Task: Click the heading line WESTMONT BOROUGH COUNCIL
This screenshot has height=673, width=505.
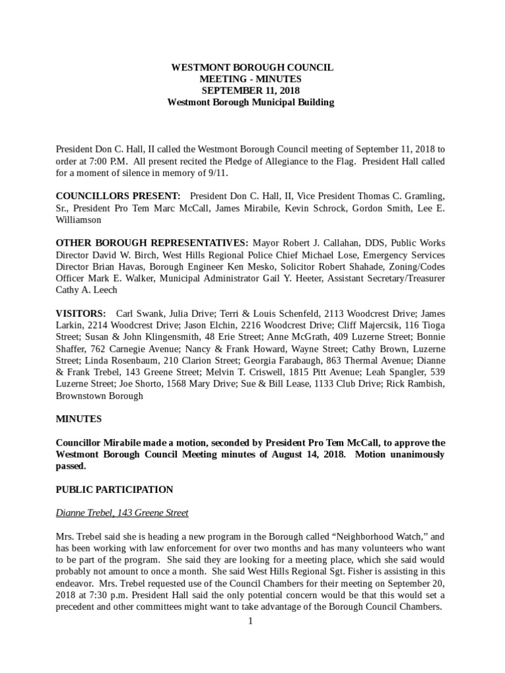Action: pos(252,67)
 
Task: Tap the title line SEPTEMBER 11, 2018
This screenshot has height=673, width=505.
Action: pos(252,91)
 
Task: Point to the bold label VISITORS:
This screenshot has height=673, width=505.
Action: pos(81,314)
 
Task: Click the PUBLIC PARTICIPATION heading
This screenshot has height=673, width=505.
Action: pos(114,490)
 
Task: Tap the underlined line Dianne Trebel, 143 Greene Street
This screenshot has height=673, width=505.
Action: pos(122,513)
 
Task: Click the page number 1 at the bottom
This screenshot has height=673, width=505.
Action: pos(251,621)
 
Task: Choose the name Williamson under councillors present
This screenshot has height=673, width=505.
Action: pos(78,220)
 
